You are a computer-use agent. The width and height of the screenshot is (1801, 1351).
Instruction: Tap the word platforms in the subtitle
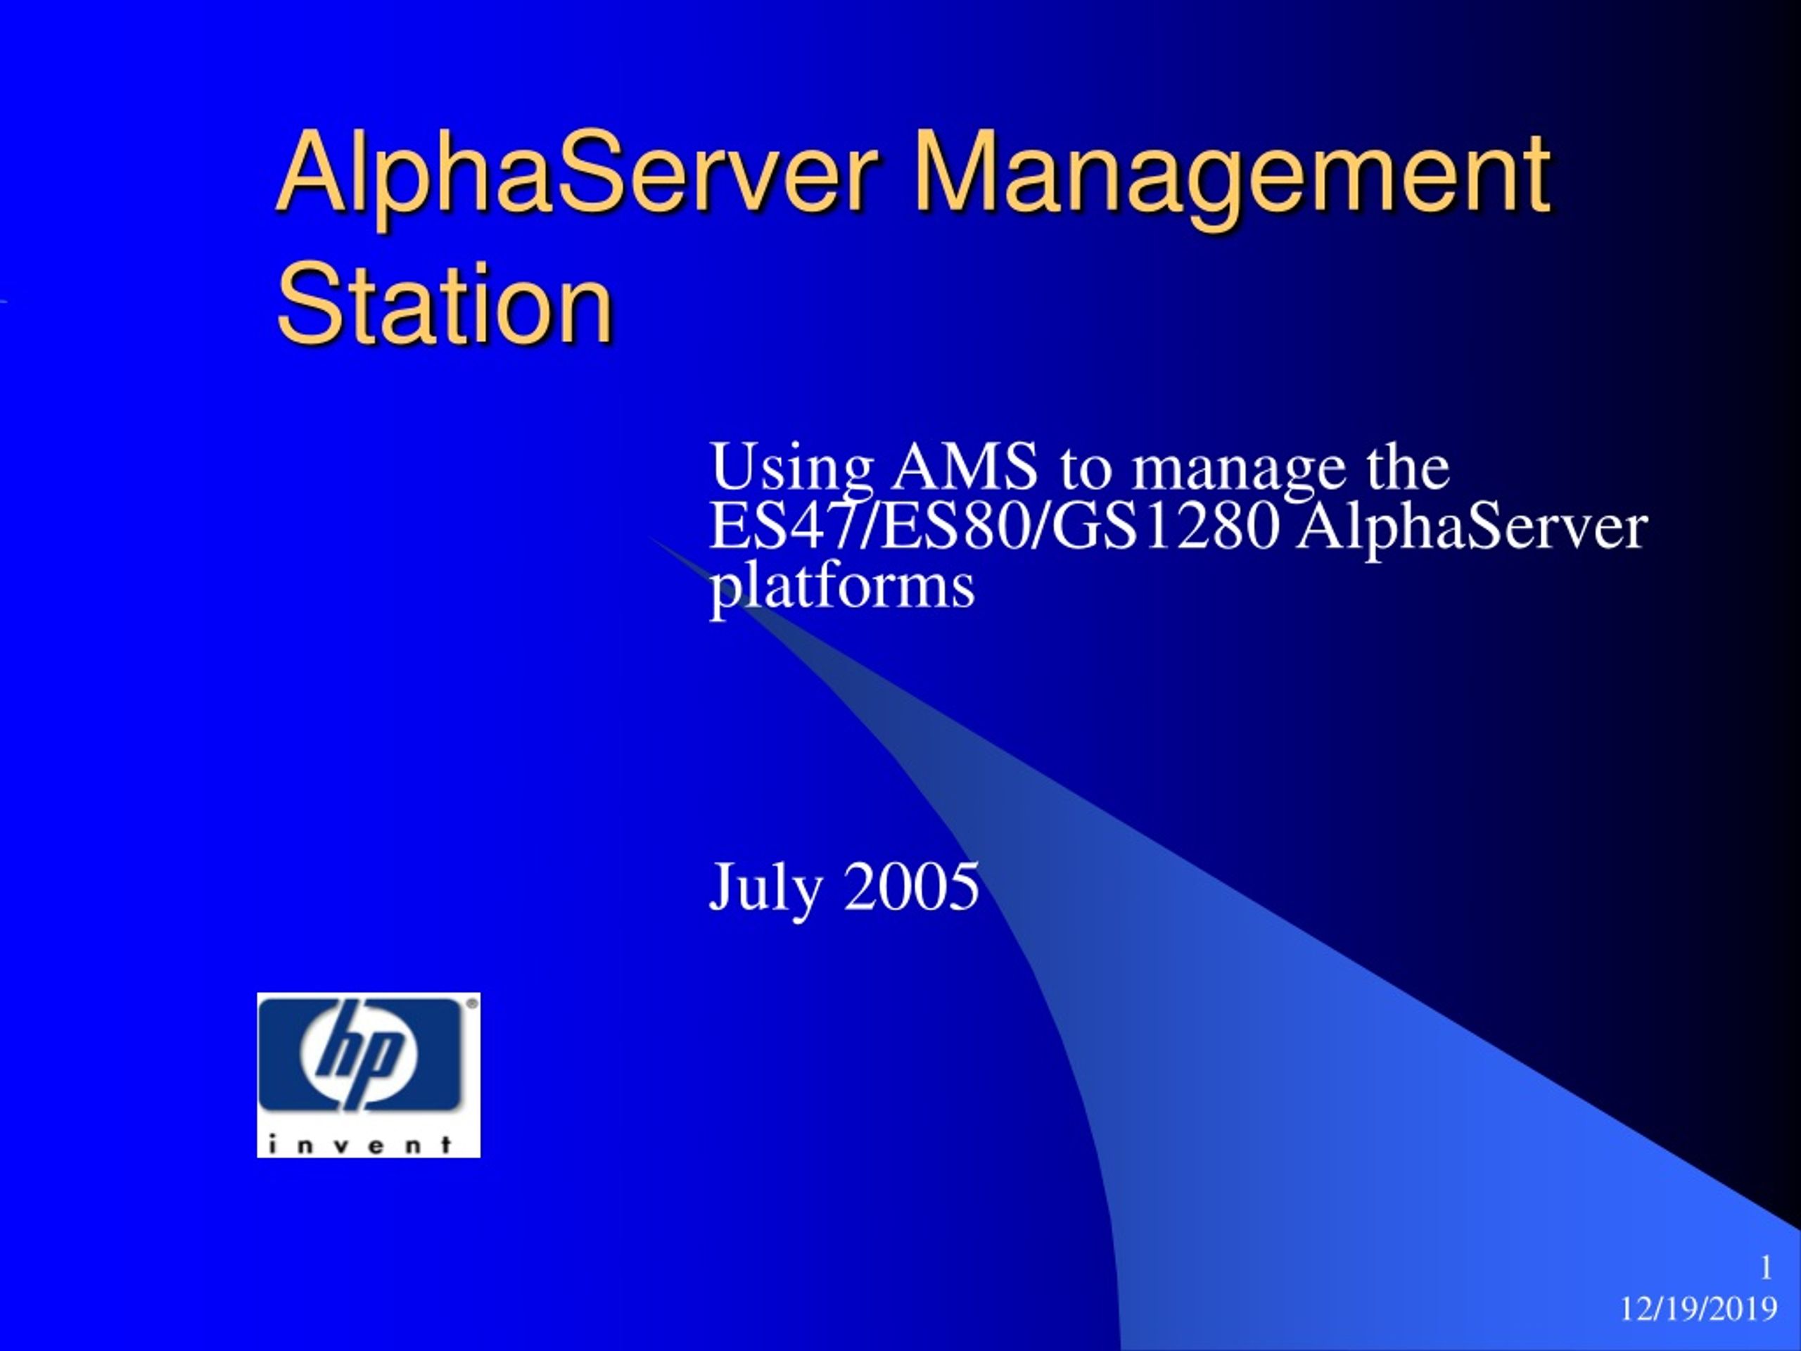[842, 588]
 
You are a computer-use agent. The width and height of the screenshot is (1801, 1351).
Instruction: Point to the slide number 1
[1766, 1268]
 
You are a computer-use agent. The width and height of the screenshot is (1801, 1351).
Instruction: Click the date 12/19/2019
[1698, 1309]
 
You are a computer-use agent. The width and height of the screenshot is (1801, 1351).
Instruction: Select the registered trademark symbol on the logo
[471, 1005]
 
